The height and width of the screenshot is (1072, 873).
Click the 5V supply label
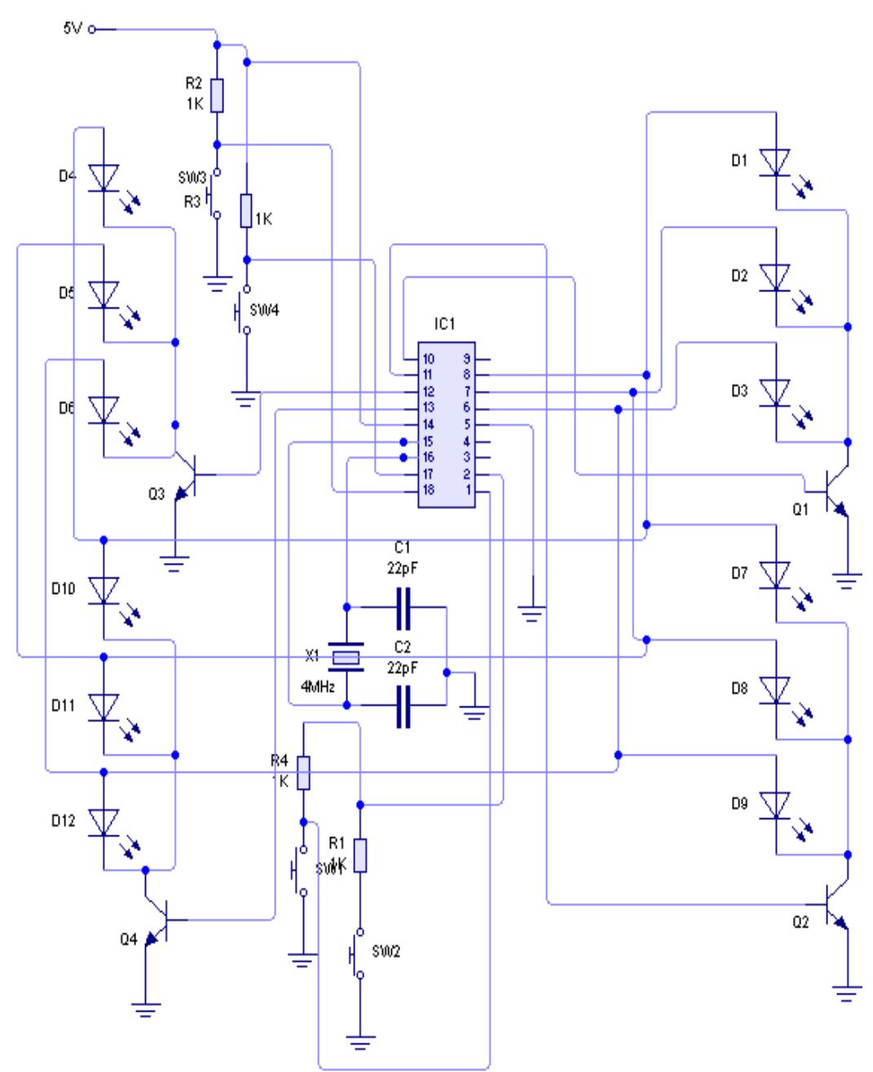(73, 29)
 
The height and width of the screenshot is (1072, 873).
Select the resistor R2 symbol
(217, 95)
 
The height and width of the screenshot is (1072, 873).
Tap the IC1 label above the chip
(444, 324)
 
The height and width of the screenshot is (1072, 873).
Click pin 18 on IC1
(428, 489)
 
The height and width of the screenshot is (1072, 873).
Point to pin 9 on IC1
(468, 359)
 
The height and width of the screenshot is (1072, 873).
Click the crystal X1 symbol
(346, 657)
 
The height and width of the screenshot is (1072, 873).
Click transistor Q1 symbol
(833, 491)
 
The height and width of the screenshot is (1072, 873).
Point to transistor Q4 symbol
(160, 920)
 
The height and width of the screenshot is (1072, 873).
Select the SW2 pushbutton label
(386, 951)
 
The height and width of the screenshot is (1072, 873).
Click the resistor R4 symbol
(303, 773)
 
